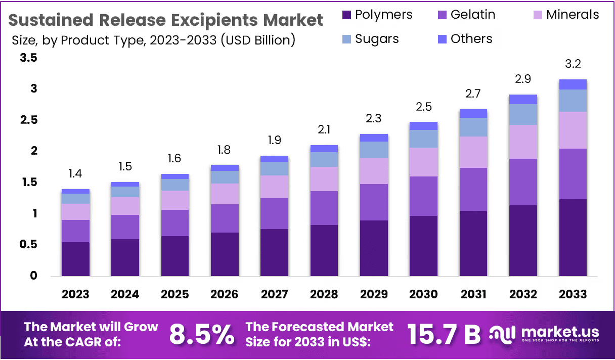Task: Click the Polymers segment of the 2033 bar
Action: point(573,237)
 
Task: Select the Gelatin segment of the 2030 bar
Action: point(424,196)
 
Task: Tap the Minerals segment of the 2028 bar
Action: point(324,179)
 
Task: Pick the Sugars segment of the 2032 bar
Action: point(523,114)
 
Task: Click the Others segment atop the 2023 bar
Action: point(75,191)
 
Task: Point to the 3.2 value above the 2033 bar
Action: point(573,64)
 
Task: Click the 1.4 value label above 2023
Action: point(75,174)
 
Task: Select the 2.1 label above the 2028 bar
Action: point(324,130)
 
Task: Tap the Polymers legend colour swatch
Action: point(346,15)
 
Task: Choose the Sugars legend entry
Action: point(377,39)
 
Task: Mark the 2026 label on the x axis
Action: point(225,294)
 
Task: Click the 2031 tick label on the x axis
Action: point(473,294)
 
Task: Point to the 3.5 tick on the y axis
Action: point(28,58)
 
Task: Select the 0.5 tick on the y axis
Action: point(28,245)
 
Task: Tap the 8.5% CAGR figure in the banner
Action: point(202,334)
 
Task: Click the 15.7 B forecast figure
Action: point(443,334)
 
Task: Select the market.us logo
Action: point(545,334)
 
